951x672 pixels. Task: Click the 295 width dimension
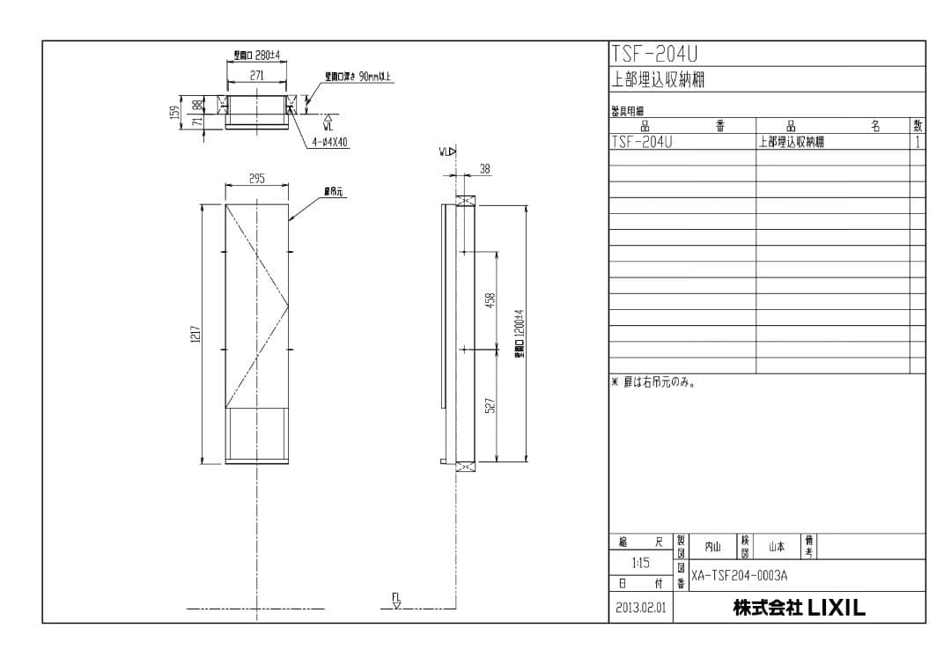coord(256,179)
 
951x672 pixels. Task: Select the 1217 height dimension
coord(195,334)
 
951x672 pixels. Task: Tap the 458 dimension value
coord(490,300)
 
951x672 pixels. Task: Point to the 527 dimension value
coord(490,405)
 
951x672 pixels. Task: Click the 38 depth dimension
coord(485,168)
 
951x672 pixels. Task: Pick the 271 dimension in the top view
coord(256,76)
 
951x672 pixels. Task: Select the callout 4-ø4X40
coord(330,142)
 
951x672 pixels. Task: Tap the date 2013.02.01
coord(640,608)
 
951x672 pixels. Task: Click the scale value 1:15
coord(641,563)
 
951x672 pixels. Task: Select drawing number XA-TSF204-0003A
coord(739,575)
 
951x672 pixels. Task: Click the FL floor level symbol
coord(396,601)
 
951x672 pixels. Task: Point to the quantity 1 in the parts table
coord(918,142)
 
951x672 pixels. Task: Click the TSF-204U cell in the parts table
coord(641,142)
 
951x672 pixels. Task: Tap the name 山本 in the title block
coord(776,547)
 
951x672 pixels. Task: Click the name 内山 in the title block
coord(712,547)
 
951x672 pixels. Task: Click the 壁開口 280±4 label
coord(256,55)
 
